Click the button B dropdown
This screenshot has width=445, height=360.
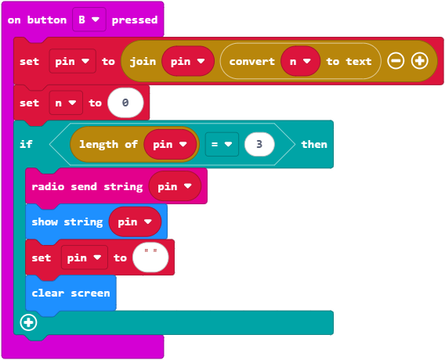[x=89, y=20]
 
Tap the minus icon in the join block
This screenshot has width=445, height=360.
[x=396, y=61]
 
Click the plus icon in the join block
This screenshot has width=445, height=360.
[x=419, y=61]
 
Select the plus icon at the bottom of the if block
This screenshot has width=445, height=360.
[x=28, y=322]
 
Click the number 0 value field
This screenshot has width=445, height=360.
[x=125, y=103]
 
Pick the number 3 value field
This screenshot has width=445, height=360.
[x=259, y=144]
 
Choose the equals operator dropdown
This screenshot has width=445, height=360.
[x=222, y=144]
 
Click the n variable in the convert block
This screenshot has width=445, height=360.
[x=300, y=61]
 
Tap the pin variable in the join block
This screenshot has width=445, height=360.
[x=188, y=61]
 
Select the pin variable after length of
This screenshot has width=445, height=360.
[x=170, y=144]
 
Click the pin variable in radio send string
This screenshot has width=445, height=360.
[x=175, y=186]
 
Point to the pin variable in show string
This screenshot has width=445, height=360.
[x=135, y=221]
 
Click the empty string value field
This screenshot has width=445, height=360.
[x=150, y=257]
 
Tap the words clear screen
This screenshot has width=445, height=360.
[x=71, y=293]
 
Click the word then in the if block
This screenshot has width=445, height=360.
[x=314, y=144]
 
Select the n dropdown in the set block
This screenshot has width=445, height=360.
[x=66, y=103]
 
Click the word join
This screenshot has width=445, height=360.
[x=143, y=62]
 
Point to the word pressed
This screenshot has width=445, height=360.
[x=135, y=20]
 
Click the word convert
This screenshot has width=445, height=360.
[x=252, y=62]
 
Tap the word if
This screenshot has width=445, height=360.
[x=26, y=144]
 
